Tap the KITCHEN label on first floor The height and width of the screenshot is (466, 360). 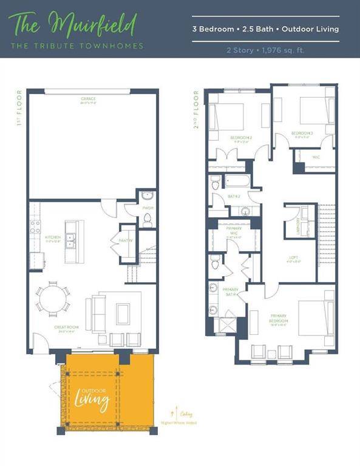(x=52, y=237)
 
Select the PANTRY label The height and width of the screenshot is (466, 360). (x=126, y=240)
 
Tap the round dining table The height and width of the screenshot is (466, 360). (x=52, y=299)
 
